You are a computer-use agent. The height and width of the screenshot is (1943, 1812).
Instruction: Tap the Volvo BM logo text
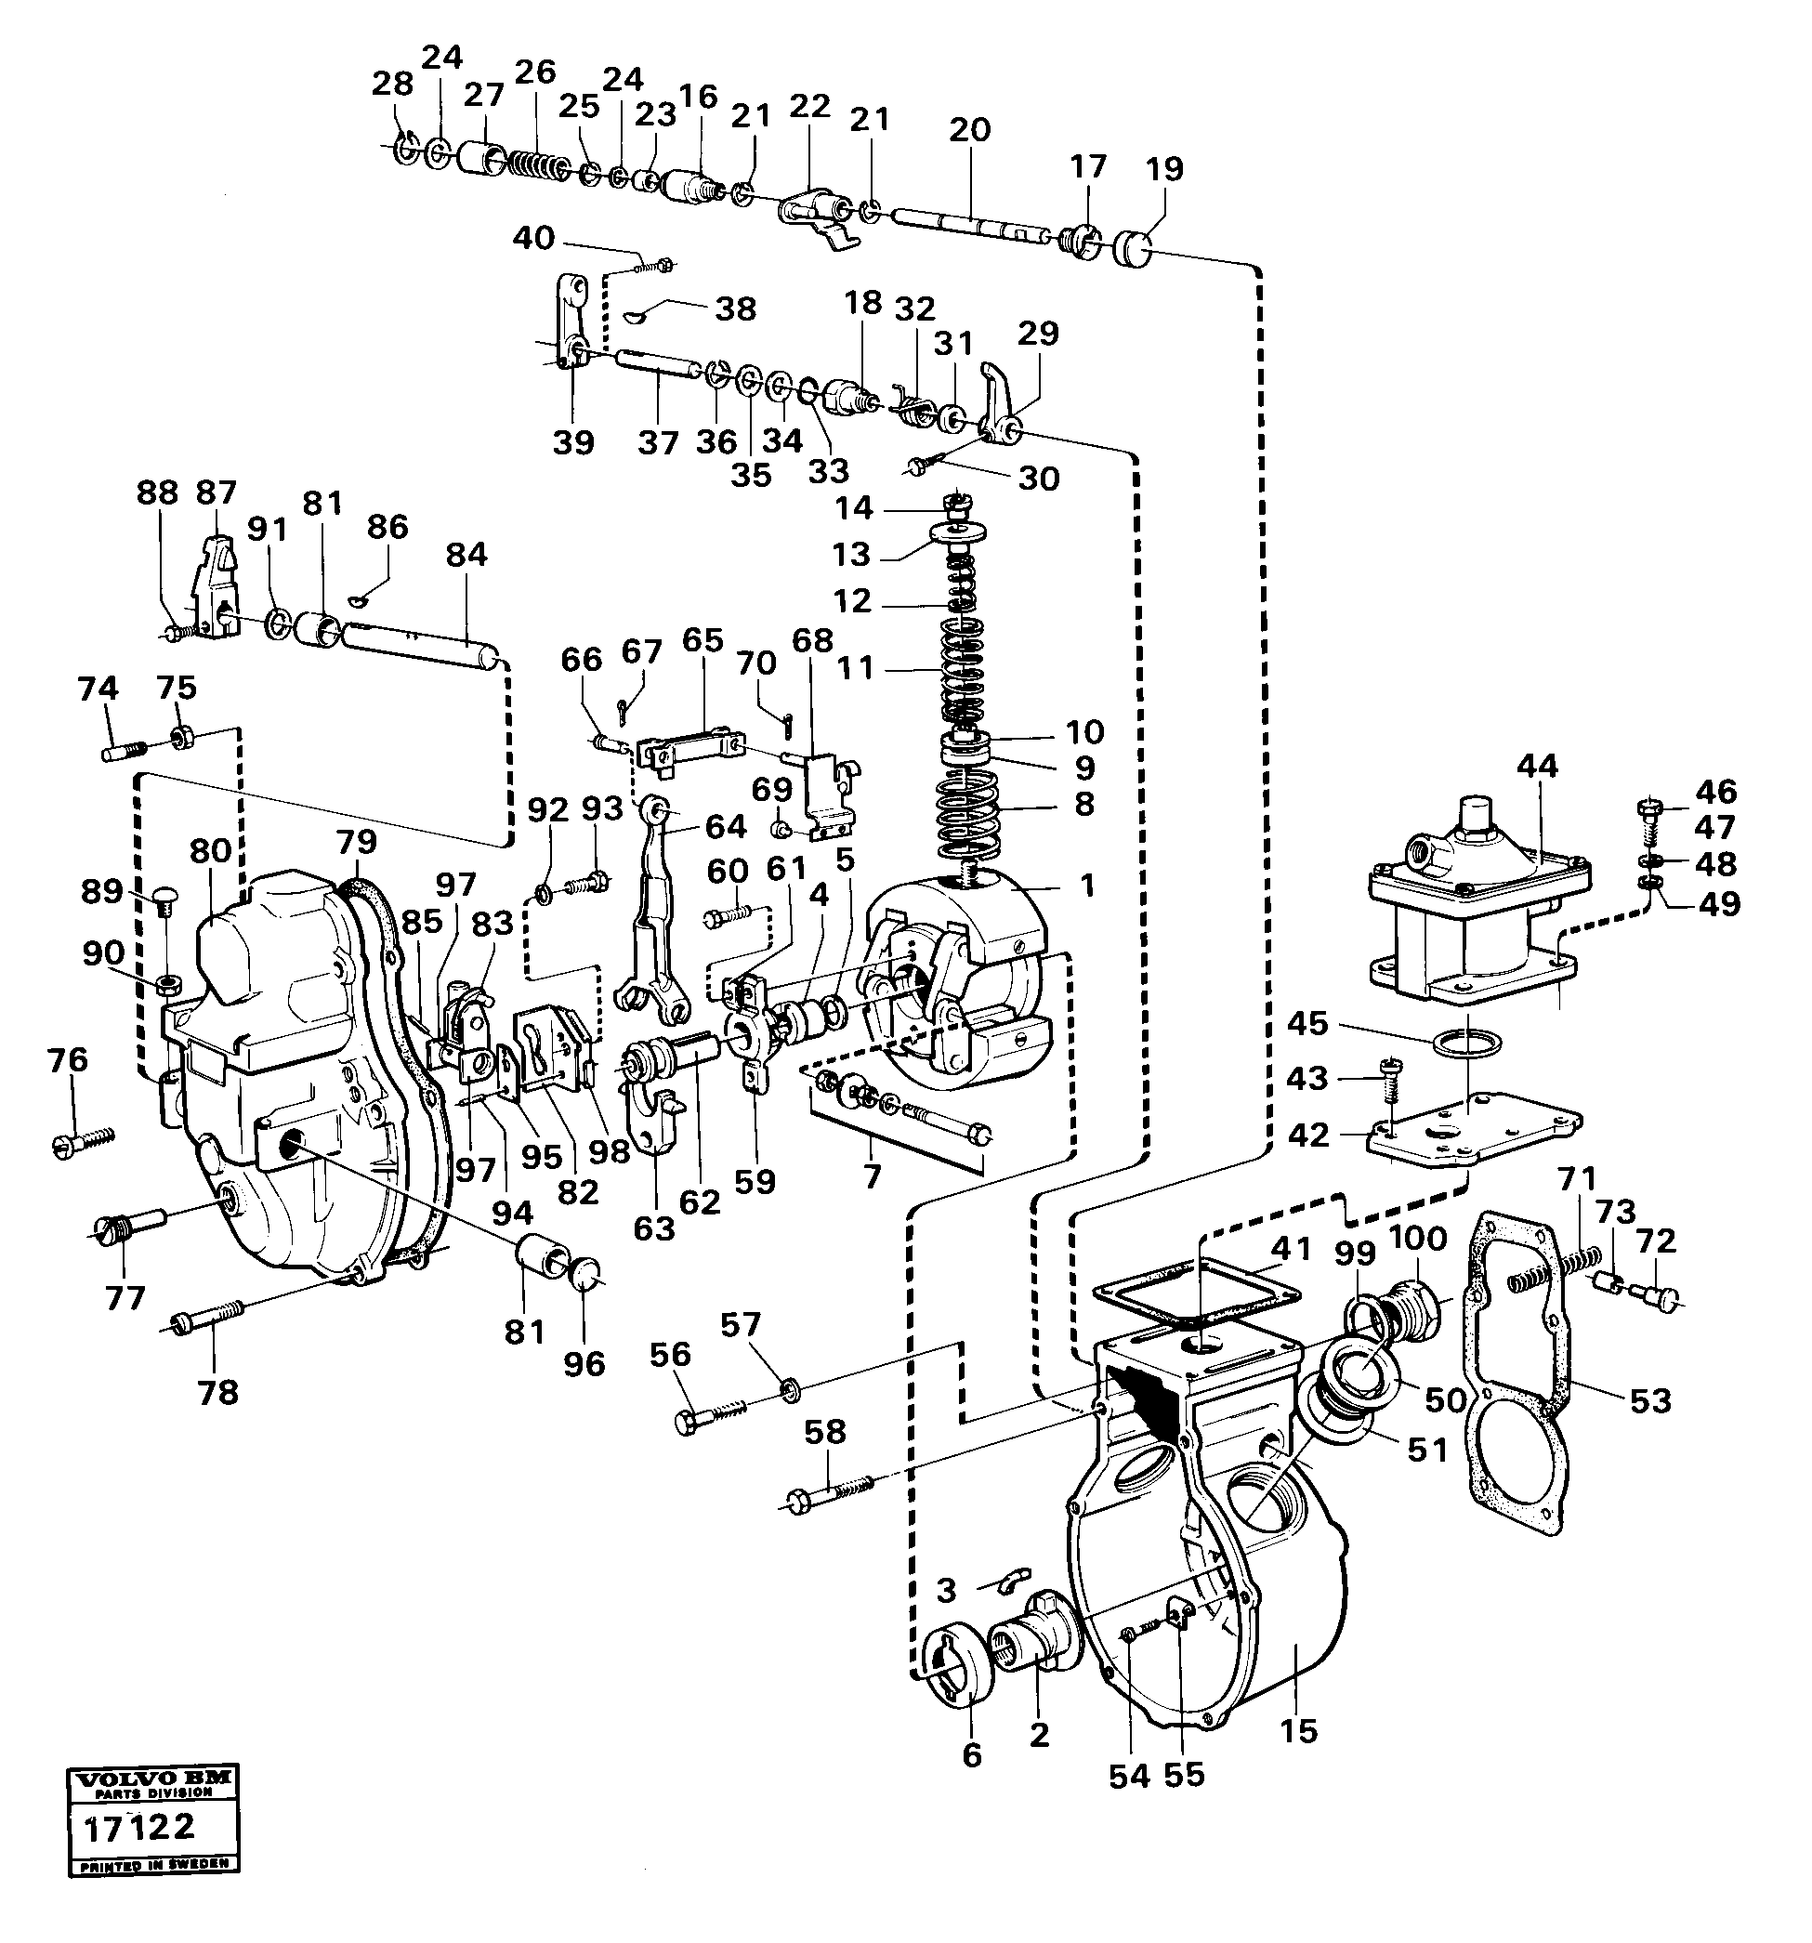tap(151, 1778)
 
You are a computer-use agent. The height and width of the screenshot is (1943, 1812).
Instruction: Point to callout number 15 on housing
tap(1299, 1732)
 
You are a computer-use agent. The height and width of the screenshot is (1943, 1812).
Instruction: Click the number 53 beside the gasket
tap(1650, 1401)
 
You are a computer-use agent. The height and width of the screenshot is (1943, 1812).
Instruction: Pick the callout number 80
tap(210, 850)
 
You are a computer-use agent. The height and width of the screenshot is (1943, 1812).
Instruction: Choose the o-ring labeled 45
tap(1466, 1043)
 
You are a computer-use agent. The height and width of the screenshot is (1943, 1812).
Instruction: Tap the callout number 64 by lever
tap(726, 827)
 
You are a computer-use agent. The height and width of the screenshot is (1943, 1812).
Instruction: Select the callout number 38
tap(735, 309)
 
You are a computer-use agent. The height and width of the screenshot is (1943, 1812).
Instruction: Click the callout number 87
tap(215, 492)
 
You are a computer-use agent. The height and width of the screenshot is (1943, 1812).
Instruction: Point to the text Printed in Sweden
tap(153, 1864)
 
